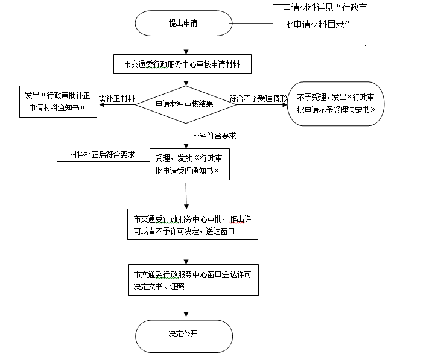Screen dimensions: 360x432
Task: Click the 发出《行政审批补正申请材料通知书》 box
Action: pos(58,103)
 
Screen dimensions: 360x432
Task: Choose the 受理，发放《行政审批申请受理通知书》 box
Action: pos(190,165)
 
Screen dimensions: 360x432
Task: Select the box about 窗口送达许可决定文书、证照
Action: pos(192,280)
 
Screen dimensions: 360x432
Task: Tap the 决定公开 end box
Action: pos(184,335)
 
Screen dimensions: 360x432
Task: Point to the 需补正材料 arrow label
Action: pos(116,98)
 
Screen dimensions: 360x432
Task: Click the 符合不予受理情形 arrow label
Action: pos(258,98)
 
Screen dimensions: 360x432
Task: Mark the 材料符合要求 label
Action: pos(214,136)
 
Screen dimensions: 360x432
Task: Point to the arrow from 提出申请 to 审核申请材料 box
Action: pos(186,45)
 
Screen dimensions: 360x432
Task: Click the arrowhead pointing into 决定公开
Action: pos(186,316)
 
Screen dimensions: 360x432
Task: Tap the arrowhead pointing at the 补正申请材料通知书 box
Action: pos(101,104)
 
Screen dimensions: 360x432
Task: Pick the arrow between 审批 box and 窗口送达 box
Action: pos(186,252)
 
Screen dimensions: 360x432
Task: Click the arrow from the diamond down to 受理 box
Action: pos(187,136)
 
